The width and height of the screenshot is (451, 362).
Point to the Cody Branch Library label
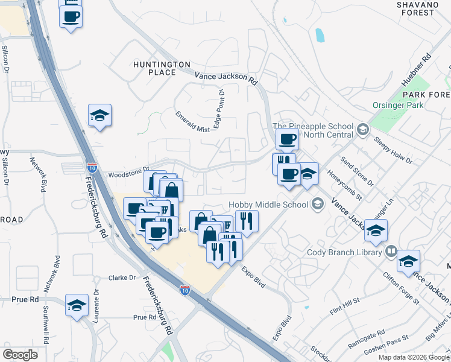click(344, 252)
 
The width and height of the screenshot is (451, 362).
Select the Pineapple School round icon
click(362, 130)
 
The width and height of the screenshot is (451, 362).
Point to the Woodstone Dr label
click(128, 174)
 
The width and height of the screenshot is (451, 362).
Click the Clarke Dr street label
click(122, 278)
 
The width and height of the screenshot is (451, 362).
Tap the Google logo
click(20, 354)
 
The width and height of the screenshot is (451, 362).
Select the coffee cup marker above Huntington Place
click(71, 16)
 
